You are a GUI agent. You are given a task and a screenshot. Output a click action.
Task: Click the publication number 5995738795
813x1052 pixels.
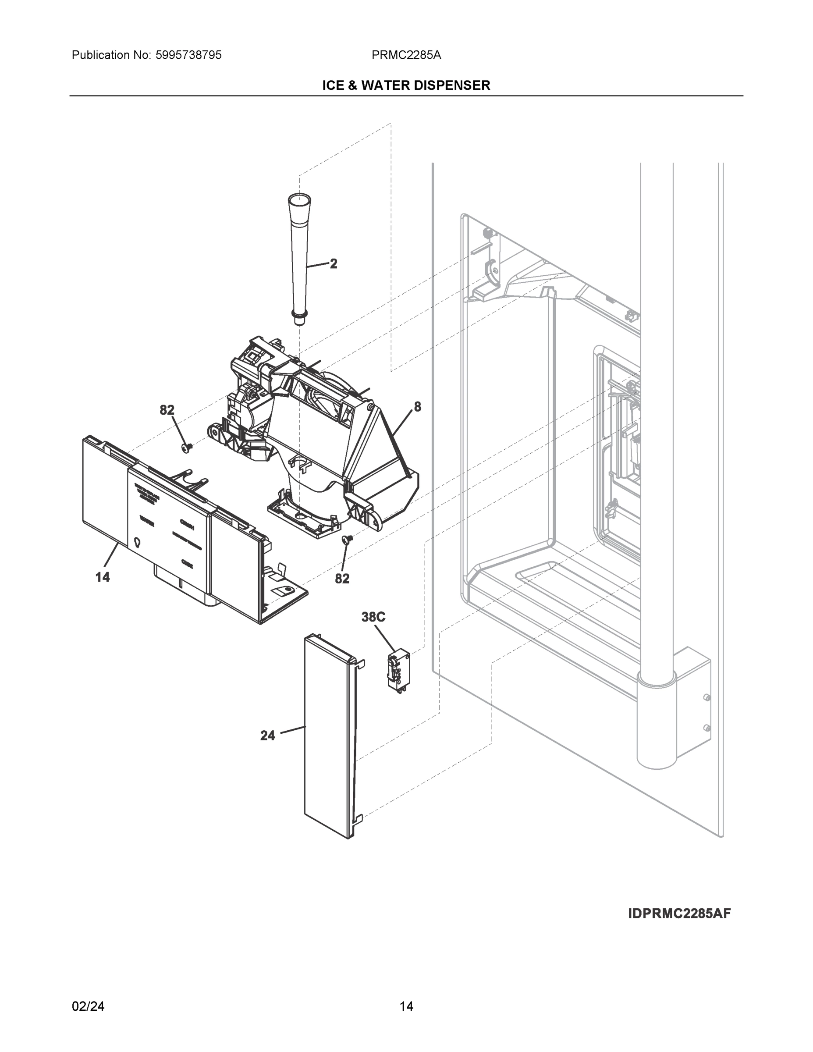click(x=188, y=55)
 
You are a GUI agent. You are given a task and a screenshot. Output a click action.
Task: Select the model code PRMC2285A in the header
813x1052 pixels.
click(x=406, y=55)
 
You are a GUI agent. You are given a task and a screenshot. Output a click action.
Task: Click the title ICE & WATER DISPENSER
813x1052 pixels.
click(x=406, y=85)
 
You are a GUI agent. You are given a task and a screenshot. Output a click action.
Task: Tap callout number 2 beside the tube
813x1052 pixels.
click(x=333, y=263)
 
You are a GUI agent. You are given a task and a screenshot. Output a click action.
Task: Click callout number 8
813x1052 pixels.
click(x=417, y=407)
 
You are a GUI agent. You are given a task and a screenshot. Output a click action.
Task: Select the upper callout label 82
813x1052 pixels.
click(x=167, y=410)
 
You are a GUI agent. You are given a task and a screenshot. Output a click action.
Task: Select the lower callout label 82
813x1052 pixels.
click(x=342, y=579)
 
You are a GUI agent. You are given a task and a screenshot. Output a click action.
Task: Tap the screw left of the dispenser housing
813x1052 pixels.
click(x=187, y=448)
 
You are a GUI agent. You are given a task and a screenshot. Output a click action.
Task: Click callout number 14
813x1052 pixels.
click(x=102, y=576)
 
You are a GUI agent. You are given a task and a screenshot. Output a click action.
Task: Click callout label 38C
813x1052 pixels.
click(x=373, y=617)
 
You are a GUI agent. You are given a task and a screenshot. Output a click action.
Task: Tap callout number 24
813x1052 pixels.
click(x=267, y=736)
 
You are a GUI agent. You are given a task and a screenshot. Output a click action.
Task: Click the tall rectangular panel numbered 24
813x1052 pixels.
click(x=330, y=737)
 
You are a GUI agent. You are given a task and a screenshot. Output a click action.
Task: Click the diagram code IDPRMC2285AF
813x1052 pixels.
click(x=679, y=913)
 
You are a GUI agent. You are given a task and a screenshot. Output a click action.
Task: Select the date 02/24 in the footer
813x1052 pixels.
click(x=88, y=1006)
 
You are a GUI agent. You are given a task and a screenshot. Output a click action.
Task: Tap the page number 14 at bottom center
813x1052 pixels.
click(x=406, y=1006)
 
